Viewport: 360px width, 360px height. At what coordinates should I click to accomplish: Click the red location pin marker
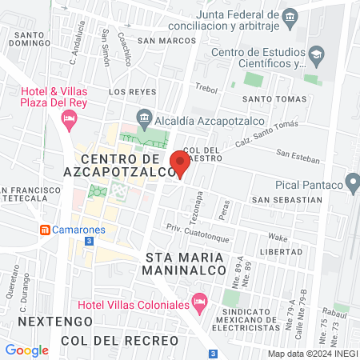(x=179, y=162)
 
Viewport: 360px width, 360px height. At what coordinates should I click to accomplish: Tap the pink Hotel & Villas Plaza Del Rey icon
(x=69, y=120)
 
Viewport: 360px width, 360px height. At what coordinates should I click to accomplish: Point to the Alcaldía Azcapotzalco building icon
(x=144, y=114)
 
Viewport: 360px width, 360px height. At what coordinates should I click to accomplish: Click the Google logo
(x=27, y=350)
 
